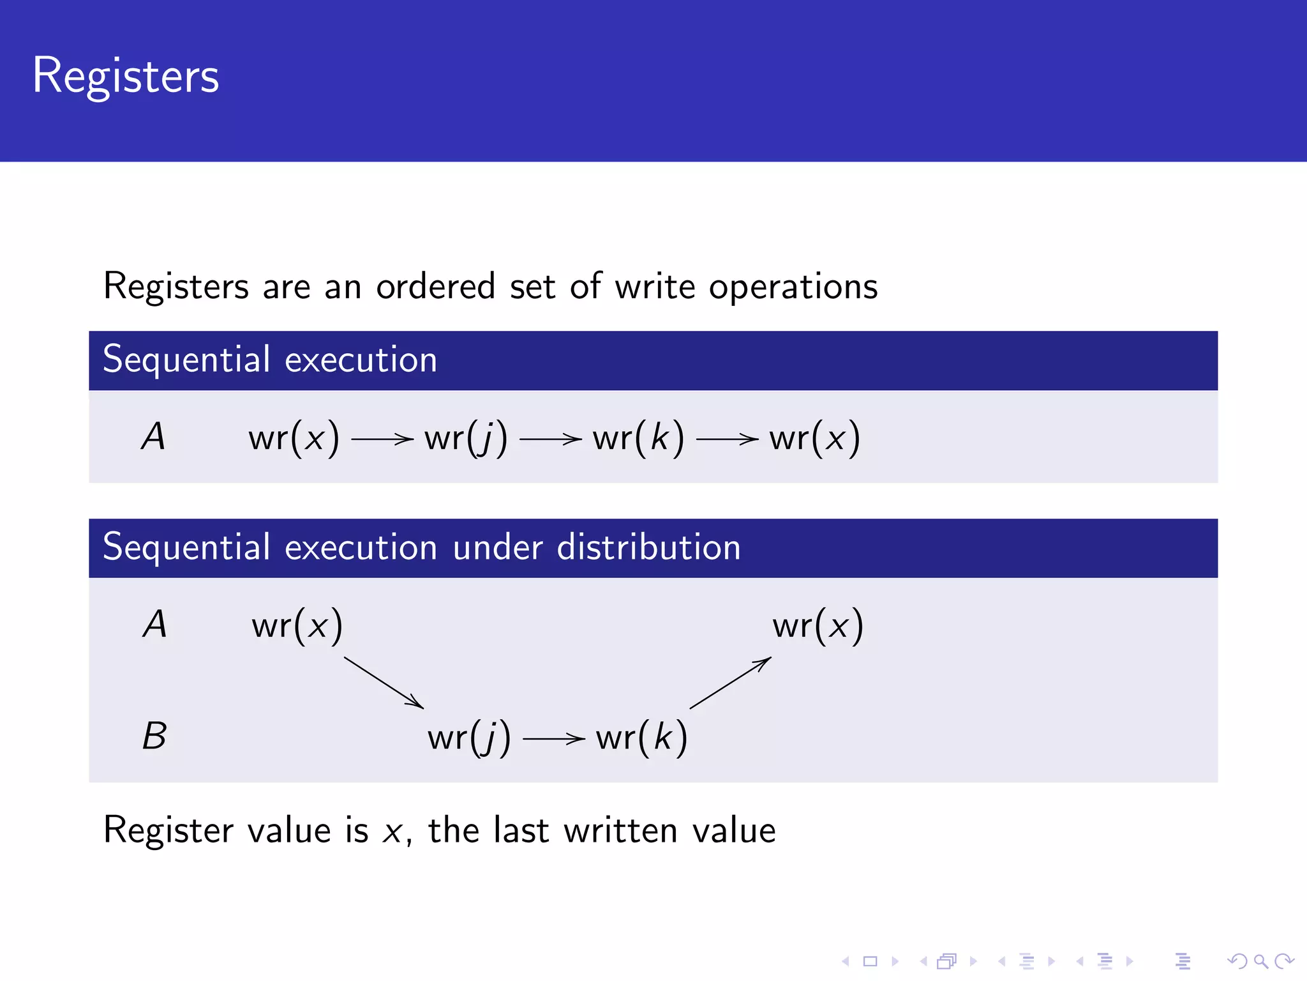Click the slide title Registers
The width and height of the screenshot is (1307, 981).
click(x=126, y=76)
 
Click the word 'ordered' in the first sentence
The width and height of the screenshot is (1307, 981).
click(x=435, y=286)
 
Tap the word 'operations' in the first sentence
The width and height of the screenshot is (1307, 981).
click(x=793, y=287)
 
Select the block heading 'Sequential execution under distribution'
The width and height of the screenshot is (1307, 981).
click(x=421, y=547)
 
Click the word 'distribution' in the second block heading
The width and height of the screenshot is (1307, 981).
click(x=648, y=547)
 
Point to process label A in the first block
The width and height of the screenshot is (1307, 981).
click(x=153, y=437)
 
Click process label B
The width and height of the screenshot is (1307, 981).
click(x=154, y=736)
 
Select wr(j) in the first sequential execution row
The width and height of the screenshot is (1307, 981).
click(x=466, y=439)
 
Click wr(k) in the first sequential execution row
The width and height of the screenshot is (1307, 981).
click(x=638, y=439)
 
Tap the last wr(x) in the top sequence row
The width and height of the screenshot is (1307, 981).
click(x=814, y=439)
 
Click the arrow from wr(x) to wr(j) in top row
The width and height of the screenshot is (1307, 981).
click(x=382, y=439)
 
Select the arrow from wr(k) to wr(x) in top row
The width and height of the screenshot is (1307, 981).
click(x=726, y=439)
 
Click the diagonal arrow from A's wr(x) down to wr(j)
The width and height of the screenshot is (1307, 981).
click(x=384, y=683)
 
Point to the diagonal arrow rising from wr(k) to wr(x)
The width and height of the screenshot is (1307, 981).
click(x=730, y=683)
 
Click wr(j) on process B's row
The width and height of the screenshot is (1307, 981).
click(x=469, y=738)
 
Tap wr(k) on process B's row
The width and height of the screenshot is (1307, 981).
click(x=641, y=738)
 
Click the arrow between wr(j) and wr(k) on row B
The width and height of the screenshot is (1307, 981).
click(x=553, y=740)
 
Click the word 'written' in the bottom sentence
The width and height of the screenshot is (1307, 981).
click(x=620, y=831)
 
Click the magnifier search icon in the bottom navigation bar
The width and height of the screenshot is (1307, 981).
click(x=1260, y=961)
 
